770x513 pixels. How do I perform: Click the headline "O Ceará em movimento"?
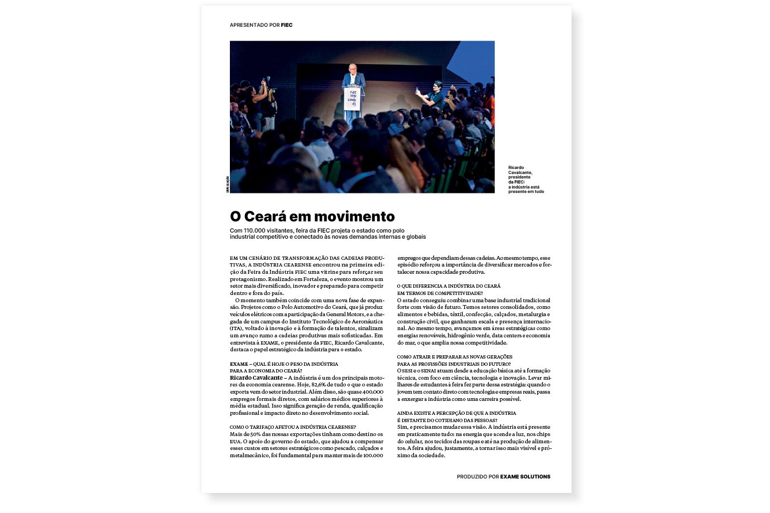tap(312, 216)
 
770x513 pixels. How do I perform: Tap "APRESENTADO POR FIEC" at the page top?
tap(261, 25)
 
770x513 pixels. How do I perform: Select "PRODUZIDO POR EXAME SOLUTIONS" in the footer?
tap(503, 477)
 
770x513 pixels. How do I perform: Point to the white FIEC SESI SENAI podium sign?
tap(353, 99)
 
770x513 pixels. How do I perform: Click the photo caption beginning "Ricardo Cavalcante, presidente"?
tap(525, 179)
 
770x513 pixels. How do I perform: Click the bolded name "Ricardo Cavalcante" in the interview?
tap(256, 378)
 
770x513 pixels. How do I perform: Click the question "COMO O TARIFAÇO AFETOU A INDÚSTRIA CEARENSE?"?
tap(292, 427)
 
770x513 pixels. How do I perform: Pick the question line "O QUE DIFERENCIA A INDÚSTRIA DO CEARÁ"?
tap(449, 286)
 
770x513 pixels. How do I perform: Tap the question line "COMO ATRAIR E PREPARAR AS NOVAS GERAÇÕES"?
tap(454, 357)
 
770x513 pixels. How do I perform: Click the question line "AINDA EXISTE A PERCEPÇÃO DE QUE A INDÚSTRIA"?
tap(456, 413)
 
